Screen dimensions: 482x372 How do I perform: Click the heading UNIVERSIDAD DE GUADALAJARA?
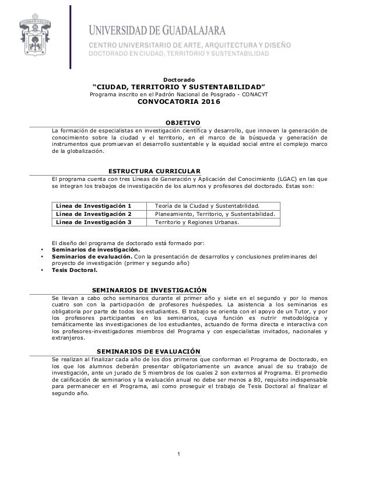(178, 28)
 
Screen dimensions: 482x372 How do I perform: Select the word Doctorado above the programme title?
(178, 79)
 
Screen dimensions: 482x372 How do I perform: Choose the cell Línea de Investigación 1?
(93, 206)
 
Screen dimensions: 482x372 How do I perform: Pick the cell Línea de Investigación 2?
(93, 214)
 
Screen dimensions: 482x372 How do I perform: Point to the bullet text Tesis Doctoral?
(74, 270)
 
